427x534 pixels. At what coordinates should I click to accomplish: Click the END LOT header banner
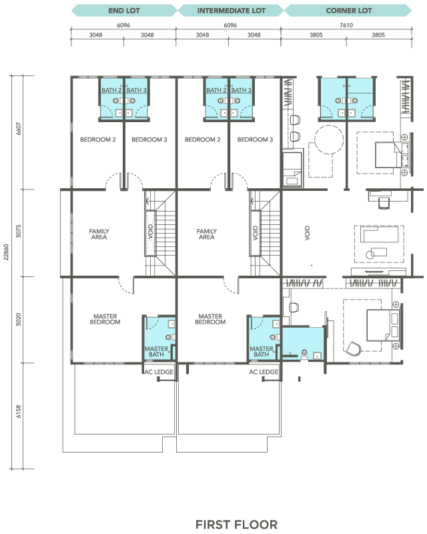pos(124,11)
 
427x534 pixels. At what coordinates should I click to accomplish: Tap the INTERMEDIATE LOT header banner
pos(231,11)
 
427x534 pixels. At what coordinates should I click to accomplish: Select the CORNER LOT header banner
pos(348,11)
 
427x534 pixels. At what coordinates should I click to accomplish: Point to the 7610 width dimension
pos(346,25)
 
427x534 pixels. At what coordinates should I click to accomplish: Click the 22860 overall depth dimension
pos(6,252)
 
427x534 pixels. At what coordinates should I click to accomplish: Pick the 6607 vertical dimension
pos(19,128)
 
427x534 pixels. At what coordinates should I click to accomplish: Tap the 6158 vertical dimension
pos(19,411)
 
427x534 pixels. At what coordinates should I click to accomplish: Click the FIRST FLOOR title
pos(236,525)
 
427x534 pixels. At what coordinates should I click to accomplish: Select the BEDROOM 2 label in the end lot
pos(97,140)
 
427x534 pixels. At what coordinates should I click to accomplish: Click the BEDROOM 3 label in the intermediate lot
pos(255,140)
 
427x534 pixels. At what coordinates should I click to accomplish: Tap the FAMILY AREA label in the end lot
pos(99,234)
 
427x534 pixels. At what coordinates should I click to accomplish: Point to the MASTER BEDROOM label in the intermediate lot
pos(210,319)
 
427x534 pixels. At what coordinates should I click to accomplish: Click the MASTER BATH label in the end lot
pos(156,352)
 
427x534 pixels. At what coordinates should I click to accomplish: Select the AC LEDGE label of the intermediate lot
pos(264,372)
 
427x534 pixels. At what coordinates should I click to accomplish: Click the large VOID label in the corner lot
pos(307,233)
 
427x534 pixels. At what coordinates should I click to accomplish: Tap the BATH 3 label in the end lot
pos(136,90)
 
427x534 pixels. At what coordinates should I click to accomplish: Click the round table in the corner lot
pos(329,140)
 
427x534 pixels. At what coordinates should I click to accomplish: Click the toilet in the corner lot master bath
pos(304,354)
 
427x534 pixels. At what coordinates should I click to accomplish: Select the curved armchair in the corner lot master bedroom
pos(354,348)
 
